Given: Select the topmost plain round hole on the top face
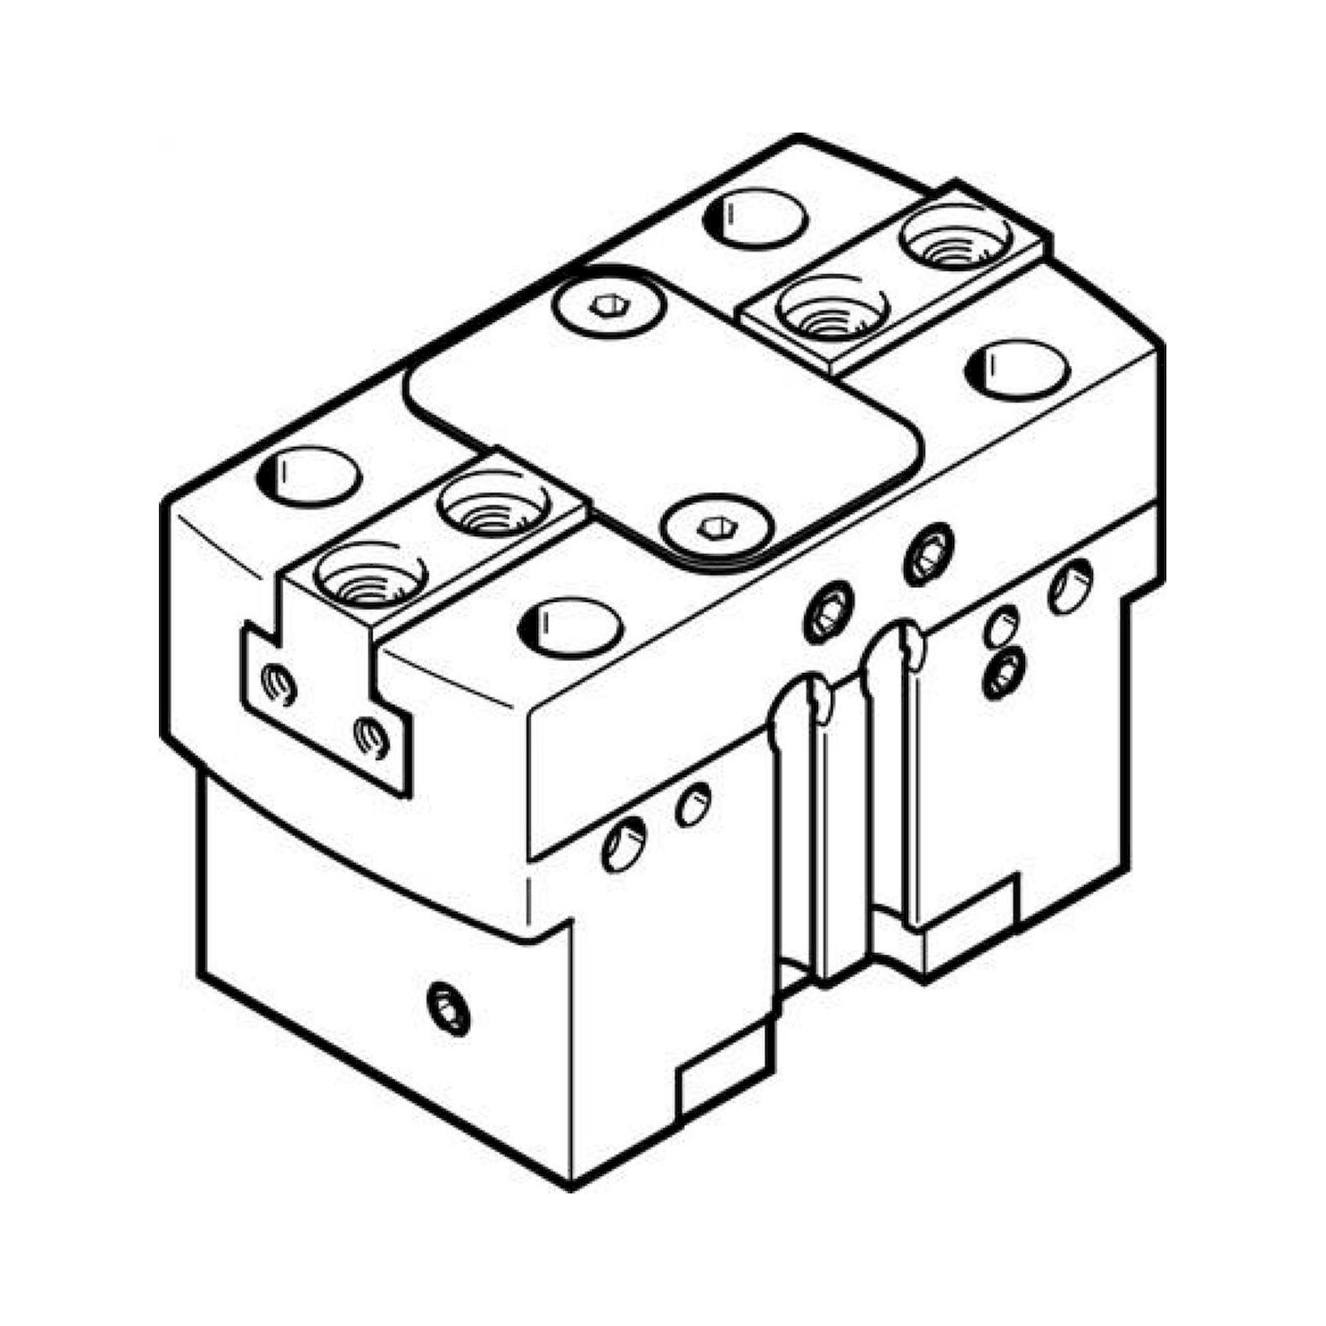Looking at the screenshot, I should [755, 218].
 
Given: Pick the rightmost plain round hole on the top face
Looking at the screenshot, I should [1017, 371].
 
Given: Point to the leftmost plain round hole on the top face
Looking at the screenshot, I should [309, 475].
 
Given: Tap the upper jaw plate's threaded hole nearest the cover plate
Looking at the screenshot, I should [832, 308].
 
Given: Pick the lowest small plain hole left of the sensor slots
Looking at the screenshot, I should [623, 845].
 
